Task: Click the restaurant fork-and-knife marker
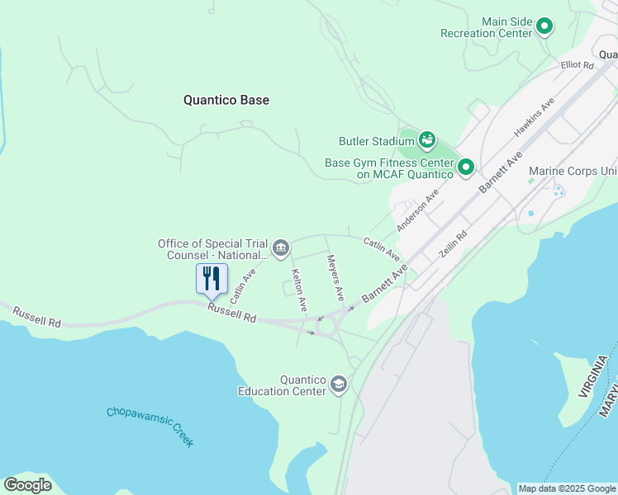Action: [212, 279]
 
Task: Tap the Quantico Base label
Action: [226, 100]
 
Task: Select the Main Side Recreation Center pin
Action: [544, 27]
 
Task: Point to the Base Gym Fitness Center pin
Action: [466, 168]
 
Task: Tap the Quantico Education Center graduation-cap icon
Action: [338, 384]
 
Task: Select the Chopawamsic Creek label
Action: [150, 426]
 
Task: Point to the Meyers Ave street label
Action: [335, 277]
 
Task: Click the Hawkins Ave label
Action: [533, 120]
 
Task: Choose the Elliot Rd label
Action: [577, 64]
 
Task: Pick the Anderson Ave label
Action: [417, 213]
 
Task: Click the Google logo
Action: [27, 485]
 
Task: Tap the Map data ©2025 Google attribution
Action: [567, 488]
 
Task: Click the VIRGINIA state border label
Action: [597, 376]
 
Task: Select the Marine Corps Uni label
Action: [573, 171]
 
